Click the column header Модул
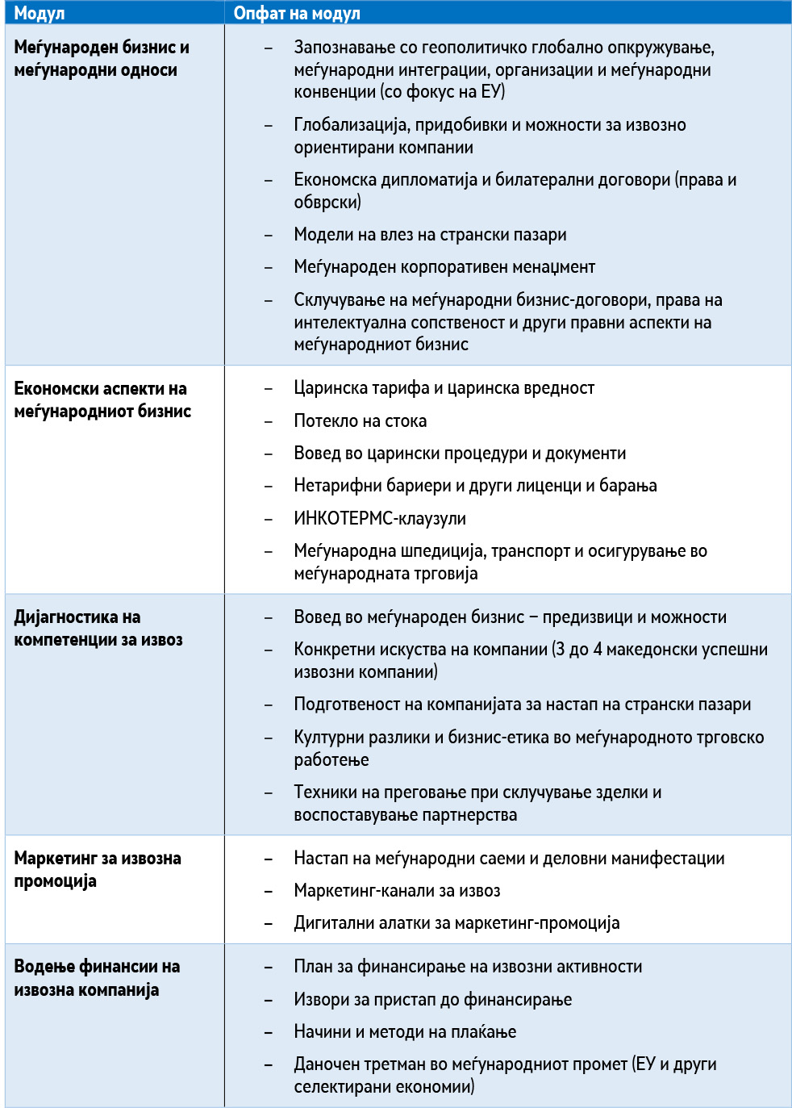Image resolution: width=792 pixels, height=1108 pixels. coord(40,13)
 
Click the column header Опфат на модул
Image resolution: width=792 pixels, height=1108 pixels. coord(297,13)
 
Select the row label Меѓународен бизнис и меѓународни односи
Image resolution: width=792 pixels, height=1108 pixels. coord(102,59)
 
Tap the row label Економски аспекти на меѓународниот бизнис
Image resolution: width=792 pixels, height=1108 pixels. coord(102,399)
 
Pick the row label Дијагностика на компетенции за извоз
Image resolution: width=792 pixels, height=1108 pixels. coord(98,628)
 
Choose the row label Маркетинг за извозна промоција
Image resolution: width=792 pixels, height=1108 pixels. coord(98,869)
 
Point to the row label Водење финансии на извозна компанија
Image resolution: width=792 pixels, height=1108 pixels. coord(97,977)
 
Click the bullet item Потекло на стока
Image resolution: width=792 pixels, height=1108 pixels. coord(360,420)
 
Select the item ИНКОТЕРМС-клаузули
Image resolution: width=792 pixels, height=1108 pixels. coord(380,518)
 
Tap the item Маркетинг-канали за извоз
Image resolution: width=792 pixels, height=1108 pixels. coord(397,891)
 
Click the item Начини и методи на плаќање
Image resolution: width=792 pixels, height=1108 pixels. coord(405,1031)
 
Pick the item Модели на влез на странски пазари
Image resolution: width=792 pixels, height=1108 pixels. coord(430,235)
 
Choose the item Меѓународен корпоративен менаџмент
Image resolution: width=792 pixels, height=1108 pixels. coord(444,267)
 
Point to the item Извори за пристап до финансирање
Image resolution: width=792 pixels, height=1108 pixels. coord(432,999)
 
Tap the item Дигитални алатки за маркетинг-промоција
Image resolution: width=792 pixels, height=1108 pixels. coord(456,923)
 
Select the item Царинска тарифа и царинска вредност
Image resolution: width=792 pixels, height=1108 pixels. coord(444,388)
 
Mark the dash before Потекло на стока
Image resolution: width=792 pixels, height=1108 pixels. coord(269,421)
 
